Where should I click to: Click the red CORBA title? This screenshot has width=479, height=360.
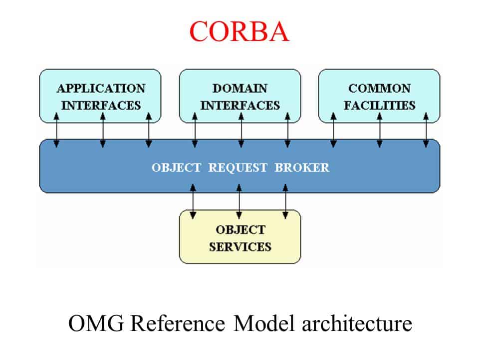pos(239,31)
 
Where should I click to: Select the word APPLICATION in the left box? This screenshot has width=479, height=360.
pos(101,88)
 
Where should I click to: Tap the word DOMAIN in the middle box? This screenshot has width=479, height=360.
pos(240,88)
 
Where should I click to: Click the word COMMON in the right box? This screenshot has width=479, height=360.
pos(379,88)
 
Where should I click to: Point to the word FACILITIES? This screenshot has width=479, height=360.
pos(379,105)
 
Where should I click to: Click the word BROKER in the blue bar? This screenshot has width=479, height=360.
pos(302,167)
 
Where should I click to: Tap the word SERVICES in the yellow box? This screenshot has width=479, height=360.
pos(240,246)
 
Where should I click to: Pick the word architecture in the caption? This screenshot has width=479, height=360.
pos(357,323)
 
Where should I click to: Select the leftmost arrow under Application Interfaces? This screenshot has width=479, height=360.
pos(56,130)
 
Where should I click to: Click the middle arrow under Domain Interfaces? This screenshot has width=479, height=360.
pos(241,130)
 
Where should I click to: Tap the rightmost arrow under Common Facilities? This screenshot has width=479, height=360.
pos(426,130)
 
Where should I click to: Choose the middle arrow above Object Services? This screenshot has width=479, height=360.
pos(239,201)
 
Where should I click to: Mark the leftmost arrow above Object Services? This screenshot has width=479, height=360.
pos(193,201)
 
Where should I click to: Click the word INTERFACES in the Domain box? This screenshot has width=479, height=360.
pos(240,105)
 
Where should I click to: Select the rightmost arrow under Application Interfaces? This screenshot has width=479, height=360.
pos(148,130)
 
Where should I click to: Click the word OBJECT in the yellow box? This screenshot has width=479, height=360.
pos(240,230)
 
